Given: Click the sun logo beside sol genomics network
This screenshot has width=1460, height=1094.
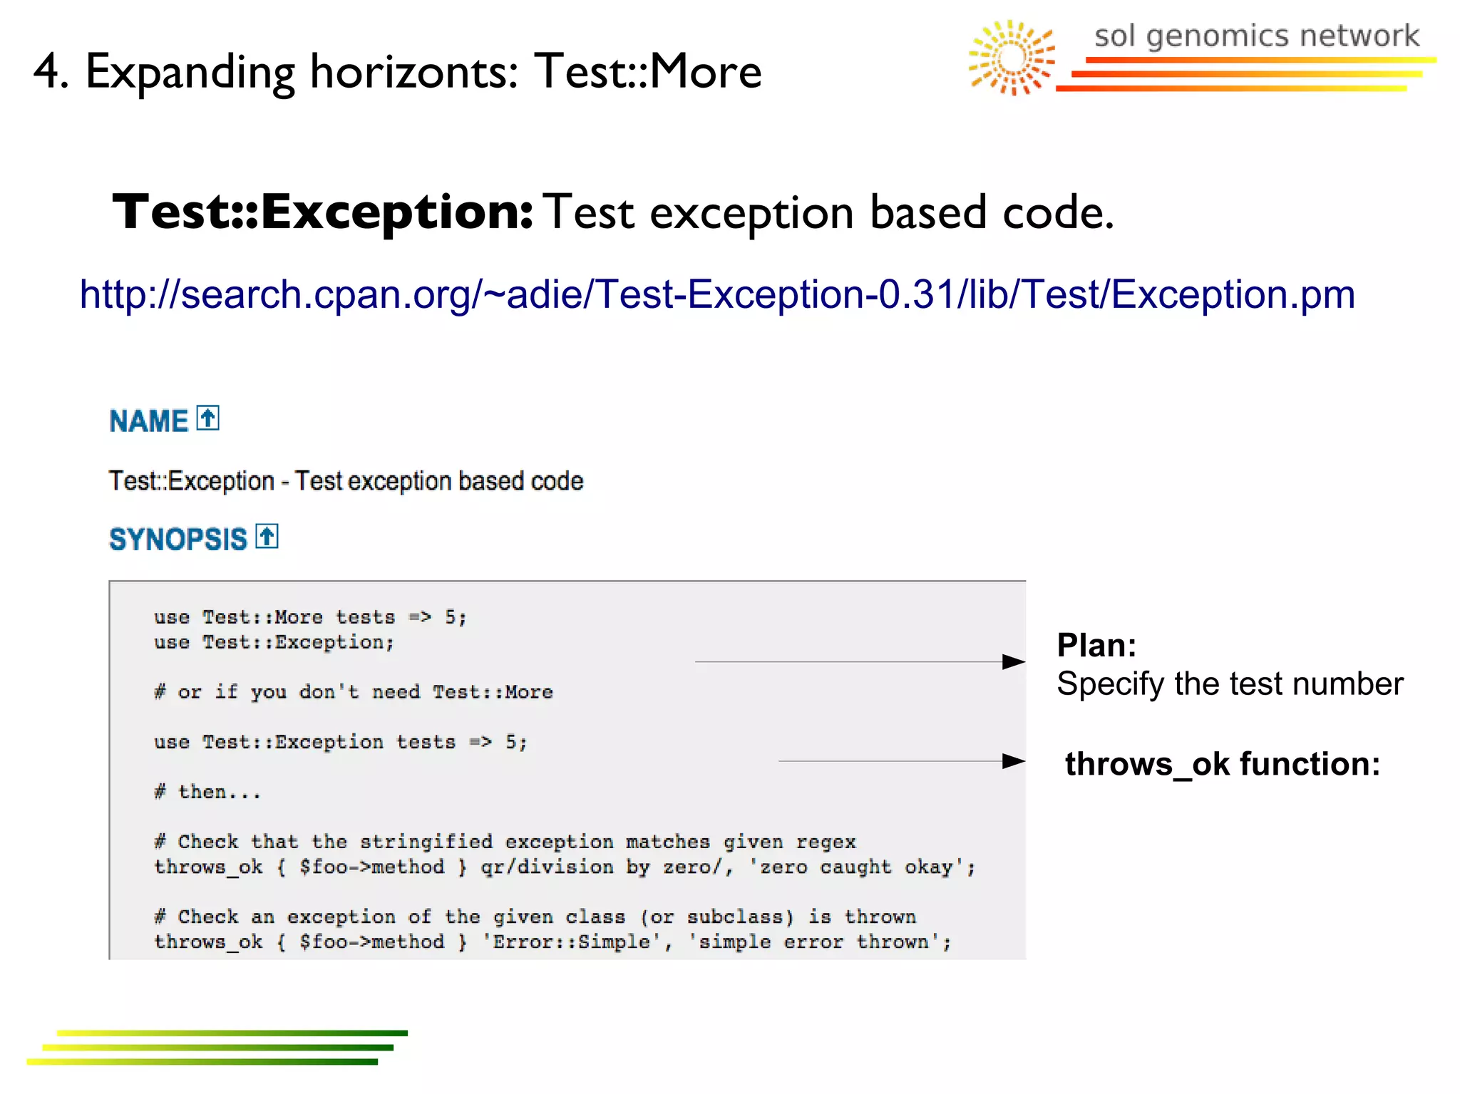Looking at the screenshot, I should coord(1012,58).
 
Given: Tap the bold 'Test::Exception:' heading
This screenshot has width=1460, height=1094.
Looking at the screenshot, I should coord(322,212).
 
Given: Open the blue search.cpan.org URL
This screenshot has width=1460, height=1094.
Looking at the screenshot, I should coord(716,294).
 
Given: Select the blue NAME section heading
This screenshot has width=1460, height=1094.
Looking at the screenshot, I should coord(148,421).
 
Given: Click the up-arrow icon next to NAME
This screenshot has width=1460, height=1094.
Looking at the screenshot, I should coord(208,418).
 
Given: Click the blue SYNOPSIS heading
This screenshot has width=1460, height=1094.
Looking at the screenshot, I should coord(178,540).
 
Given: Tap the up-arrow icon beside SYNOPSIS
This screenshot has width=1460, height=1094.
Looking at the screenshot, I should coord(267,536).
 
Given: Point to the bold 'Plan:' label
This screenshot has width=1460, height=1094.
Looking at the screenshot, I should coord(1096,646).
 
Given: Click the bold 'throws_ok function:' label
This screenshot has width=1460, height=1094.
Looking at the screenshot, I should coord(1222,764).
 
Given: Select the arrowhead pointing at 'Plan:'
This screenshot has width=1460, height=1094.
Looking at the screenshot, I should coord(1013,662).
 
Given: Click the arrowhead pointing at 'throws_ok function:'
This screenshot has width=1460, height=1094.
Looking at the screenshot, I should coord(1013,761).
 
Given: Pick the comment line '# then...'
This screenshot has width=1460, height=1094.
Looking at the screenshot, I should coord(207,792).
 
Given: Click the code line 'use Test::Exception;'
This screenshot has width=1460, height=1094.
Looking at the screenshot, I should coord(274,642).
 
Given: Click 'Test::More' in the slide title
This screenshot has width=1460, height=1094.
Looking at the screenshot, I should coord(648,72).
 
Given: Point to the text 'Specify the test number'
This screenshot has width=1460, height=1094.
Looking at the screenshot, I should coord(1230,684).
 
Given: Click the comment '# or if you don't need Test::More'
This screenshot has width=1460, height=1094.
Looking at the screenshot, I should coord(353,692).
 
